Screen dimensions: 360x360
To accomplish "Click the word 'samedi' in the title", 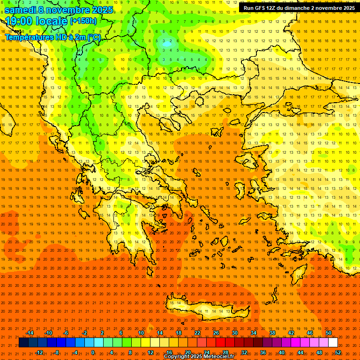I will coord(22,10).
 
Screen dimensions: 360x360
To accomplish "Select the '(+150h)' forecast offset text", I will coord(83,21).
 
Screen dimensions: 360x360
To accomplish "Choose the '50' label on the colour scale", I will coord(328,333).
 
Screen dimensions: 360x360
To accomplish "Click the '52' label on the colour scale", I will coord(337,352).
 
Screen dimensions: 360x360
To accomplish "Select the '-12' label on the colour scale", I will coord(39,352).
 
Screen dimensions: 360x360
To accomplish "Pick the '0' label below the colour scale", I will coord(93,352).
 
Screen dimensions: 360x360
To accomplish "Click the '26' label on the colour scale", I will coord(216,333).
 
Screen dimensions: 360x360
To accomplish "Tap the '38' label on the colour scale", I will coord(272,333).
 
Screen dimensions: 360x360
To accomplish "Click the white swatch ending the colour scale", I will coord(333,343).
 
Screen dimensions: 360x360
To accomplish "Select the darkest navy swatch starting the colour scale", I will coord(23,343).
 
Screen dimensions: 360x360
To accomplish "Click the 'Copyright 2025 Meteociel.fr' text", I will coord(199,357).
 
